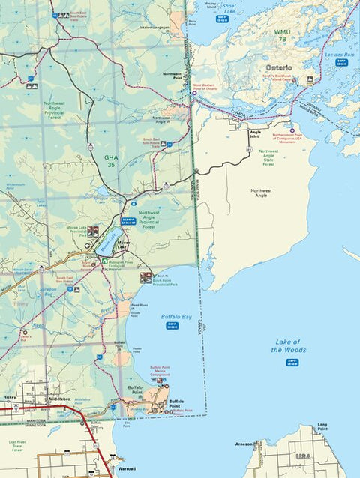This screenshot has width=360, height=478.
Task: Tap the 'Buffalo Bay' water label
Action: click(177, 318)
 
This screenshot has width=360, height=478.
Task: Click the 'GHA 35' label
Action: click(111, 160)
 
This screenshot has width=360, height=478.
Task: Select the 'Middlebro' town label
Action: click(59, 399)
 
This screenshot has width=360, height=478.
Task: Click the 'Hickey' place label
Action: click(9, 398)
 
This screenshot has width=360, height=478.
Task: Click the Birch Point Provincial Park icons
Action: click(146, 277)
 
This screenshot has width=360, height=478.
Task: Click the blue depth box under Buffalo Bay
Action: click(172, 327)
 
